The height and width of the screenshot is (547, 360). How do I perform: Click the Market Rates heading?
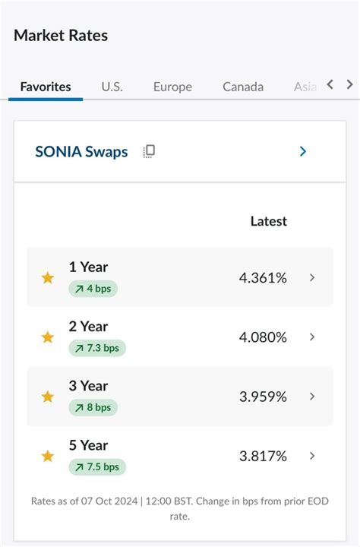[x=61, y=36]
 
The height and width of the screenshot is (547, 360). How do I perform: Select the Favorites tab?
[x=46, y=87]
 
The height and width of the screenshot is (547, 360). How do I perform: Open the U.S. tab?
[x=112, y=87]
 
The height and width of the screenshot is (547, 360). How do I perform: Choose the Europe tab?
[x=172, y=87]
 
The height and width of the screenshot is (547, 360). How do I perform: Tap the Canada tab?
[x=243, y=87]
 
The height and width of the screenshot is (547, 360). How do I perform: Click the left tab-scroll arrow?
[x=330, y=84]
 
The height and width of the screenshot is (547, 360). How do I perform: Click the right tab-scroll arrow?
[x=349, y=84]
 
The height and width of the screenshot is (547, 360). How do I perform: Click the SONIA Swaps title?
[x=81, y=151]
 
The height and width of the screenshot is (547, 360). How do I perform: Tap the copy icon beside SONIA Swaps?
[x=149, y=151]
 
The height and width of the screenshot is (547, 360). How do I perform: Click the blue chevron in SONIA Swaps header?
[x=303, y=151]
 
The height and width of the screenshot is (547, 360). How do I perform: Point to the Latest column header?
[x=269, y=221]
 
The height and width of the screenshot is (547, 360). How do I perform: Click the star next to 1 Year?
[x=48, y=278]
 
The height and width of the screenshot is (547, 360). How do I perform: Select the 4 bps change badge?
[x=93, y=289]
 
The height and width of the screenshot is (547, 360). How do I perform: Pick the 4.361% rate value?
[x=263, y=278]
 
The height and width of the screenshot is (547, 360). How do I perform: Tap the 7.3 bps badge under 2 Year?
[x=97, y=348]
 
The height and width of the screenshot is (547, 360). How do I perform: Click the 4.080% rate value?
[x=263, y=337]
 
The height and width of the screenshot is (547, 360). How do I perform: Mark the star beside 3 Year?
[x=48, y=397]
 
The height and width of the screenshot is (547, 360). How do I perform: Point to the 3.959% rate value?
[x=263, y=397]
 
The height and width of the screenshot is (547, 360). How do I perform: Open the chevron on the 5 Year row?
[x=312, y=456]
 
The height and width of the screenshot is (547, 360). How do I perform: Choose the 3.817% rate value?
[x=263, y=456]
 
